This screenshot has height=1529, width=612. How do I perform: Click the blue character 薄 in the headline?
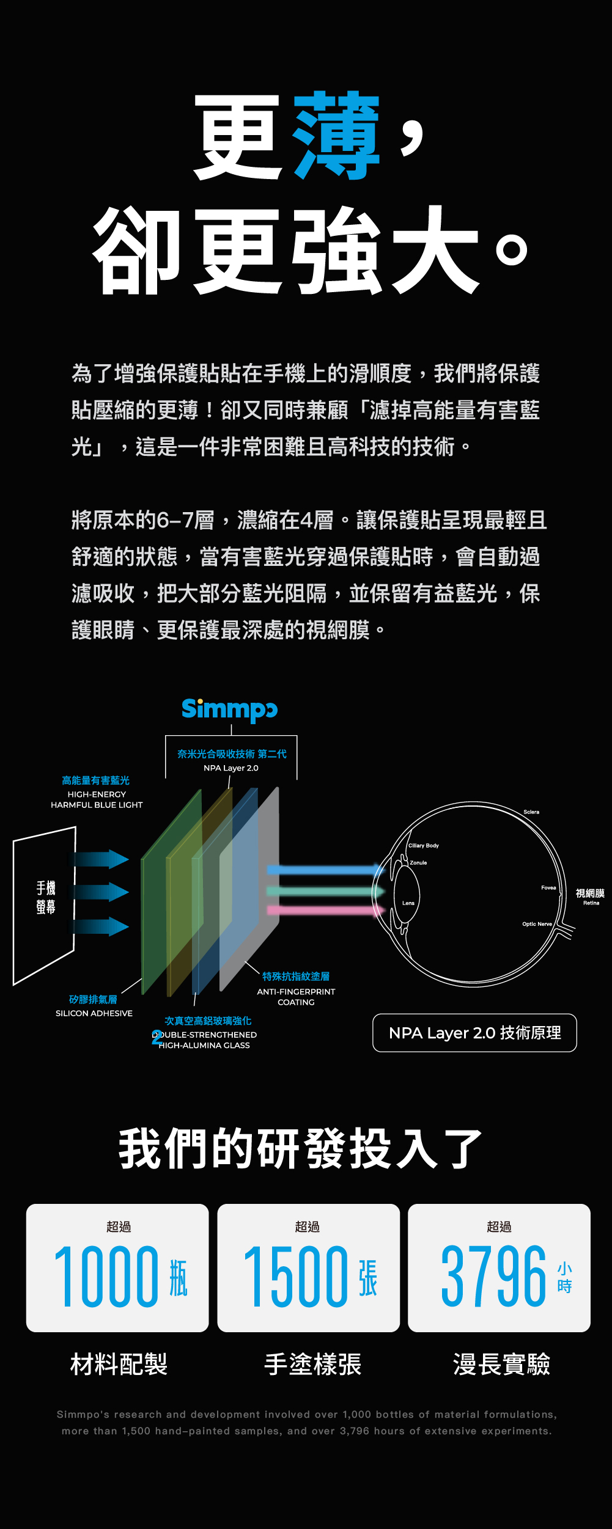(337, 136)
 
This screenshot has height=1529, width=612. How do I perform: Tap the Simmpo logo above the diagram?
(229, 710)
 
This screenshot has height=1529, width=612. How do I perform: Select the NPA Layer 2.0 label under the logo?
(231, 768)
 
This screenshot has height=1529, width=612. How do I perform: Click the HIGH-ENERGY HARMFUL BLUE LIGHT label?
(97, 799)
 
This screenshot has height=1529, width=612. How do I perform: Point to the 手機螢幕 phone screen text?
(46, 897)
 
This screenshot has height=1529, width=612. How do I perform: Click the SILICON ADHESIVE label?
(94, 1013)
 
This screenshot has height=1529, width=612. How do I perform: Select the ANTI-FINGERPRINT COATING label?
(296, 997)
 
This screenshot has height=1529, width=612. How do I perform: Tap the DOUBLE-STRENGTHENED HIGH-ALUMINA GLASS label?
(205, 1040)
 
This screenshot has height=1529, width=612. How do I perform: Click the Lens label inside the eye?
(408, 903)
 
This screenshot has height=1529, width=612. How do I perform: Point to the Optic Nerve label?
(537, 924)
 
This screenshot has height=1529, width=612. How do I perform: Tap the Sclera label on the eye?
(531, 812)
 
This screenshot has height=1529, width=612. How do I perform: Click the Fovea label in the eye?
(548, 887)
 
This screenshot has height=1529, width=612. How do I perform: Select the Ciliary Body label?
(424, 846)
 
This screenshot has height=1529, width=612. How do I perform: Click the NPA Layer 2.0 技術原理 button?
(474, 1033)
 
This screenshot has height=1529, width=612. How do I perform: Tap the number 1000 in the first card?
(106, 1277)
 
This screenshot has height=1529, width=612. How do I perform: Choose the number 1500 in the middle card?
(296, 1277)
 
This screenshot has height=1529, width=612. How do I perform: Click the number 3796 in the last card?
(493, 1277)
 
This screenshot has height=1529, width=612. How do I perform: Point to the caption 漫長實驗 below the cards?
(501, 1364)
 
